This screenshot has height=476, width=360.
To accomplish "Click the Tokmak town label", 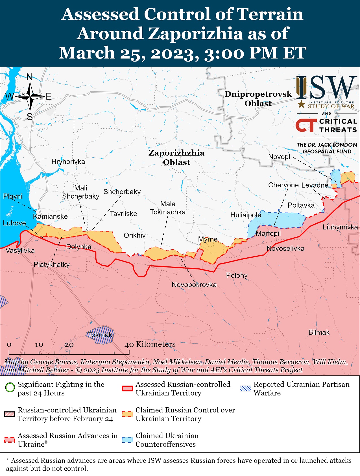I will [100, 335].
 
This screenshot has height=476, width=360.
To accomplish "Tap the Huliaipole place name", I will [246, 215].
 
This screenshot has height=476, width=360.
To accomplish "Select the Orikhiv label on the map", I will [135, 235].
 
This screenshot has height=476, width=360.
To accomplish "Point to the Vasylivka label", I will [20, 250].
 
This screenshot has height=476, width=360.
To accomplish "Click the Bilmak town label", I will [319, 332].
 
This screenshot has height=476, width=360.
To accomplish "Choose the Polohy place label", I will [237, 275].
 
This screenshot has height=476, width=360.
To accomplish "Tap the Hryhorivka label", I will [68, 162].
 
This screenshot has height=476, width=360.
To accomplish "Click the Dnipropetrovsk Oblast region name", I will [258, 99].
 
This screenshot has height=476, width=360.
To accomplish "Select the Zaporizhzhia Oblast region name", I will [176, 157].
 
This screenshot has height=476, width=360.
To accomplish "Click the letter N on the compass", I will [30, 77].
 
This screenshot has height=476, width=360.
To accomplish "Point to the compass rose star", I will [30, 97].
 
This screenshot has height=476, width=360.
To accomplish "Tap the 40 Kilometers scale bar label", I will [150, 344].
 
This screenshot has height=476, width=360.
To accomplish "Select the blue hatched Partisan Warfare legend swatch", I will [245, 388].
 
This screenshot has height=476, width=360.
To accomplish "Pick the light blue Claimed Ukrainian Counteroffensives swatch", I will [127, 440].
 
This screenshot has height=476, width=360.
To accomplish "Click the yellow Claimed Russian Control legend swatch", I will [127, 414].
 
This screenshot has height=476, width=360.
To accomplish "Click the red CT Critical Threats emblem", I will [306, 125].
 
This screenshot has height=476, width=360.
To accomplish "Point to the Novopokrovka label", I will [194, 284].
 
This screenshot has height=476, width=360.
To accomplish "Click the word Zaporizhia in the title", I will [195, 33].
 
